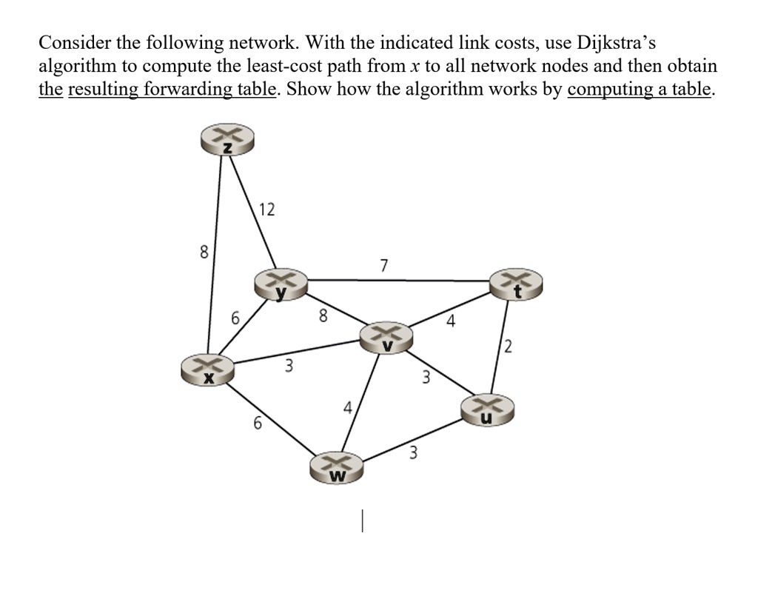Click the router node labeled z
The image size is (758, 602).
pyautogui.click(x=227, y=140)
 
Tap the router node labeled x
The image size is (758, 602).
pyautogui.click(x=209, y=369)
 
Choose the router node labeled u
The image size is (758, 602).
pyautogui.click(x=486, y=409)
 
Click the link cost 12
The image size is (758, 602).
pyautogui.click(x=267, y=210)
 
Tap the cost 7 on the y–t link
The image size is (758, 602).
pyautogui.click(x=383, y=265)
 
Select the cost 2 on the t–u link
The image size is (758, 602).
pyautogui.click(x=508, y=346)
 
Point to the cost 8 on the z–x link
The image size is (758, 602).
pyautogui.click(x=204, y=252)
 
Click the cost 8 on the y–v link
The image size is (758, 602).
pyautogui.click(x=322, y=316)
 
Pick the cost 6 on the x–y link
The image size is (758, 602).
pyautogui.click(x=235, y=320)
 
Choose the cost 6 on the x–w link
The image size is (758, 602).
pyautogui.click(x=258, y=424)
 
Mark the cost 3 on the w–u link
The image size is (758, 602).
pyautogui.click(x=414, y=453)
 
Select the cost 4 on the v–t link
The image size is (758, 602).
pyautogui.click(x=451, y=321)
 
